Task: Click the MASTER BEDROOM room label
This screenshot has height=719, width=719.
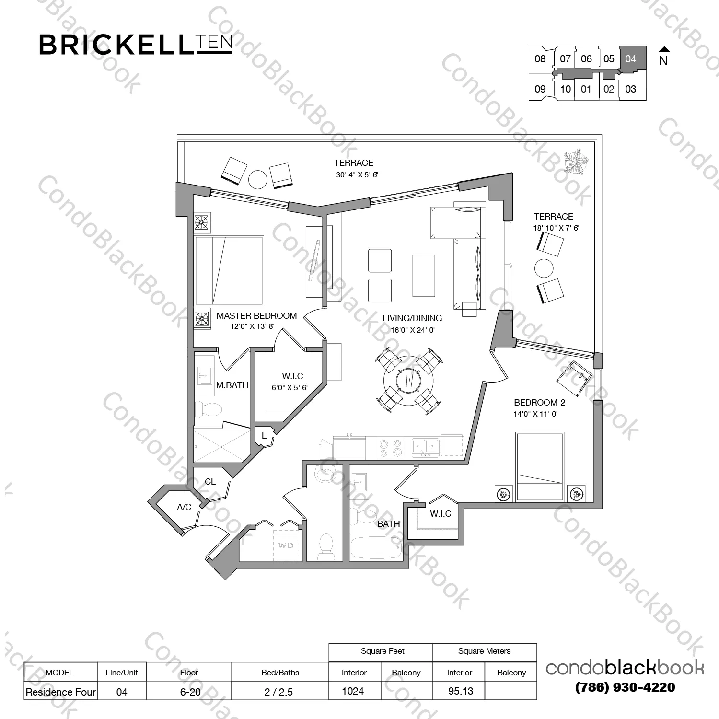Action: click(256, 316)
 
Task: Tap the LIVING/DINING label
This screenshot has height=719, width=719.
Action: click(412, 318)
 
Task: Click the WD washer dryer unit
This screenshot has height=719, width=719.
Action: click(286, 546)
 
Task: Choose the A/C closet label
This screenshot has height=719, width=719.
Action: click(184, 507)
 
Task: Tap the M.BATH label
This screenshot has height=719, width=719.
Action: click(232, 385)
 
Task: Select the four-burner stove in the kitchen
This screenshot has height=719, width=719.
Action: click(390, 448)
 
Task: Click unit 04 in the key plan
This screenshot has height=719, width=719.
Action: click(631, 59)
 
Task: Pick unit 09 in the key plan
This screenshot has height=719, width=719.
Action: click(540, 89)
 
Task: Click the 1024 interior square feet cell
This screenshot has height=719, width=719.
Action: click(353, 691)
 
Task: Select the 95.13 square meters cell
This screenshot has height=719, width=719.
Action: click(460, 691)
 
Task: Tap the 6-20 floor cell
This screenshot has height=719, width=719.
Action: click(190, 692)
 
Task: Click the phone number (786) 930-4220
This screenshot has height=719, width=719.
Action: click(625, 687)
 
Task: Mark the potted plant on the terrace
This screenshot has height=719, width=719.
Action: click(577, 162)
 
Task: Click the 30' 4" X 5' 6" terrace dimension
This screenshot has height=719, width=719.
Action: click(357, 175)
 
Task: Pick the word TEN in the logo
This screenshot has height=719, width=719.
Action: click(214, 44)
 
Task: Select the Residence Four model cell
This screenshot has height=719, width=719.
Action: click(61, 692)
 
